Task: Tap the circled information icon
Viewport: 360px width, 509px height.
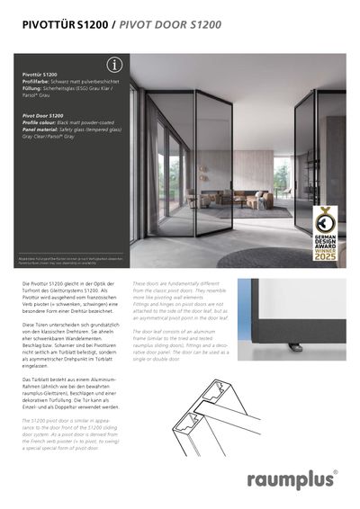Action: point(113,65)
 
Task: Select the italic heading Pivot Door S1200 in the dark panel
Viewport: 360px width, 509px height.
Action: point(43,116)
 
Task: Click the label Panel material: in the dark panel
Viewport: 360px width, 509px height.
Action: point(44,129)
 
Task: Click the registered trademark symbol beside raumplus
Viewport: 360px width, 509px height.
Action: point(336,470)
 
